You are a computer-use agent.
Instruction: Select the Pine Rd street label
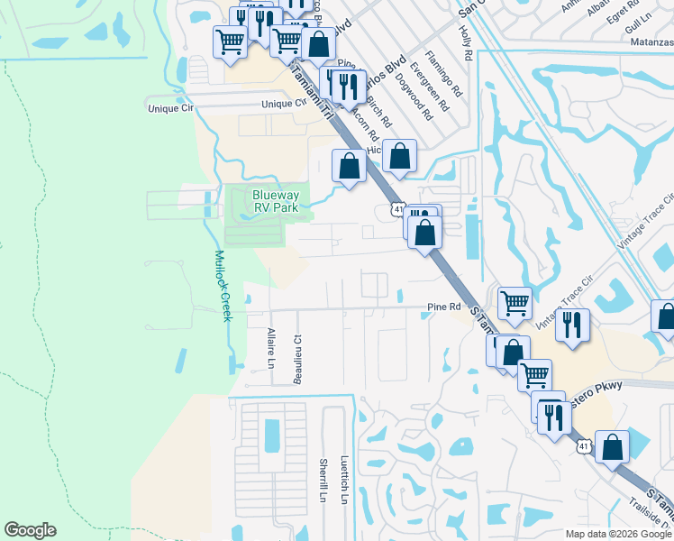pyautogui.click(x=444, y=307)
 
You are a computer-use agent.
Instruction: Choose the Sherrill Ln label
pyautogui.click(x=322, y=480)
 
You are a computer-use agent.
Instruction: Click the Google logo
pyautogui.click(x=30, y=530)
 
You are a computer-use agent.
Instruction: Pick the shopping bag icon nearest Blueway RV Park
pyautogui.click(x=349, y=166)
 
